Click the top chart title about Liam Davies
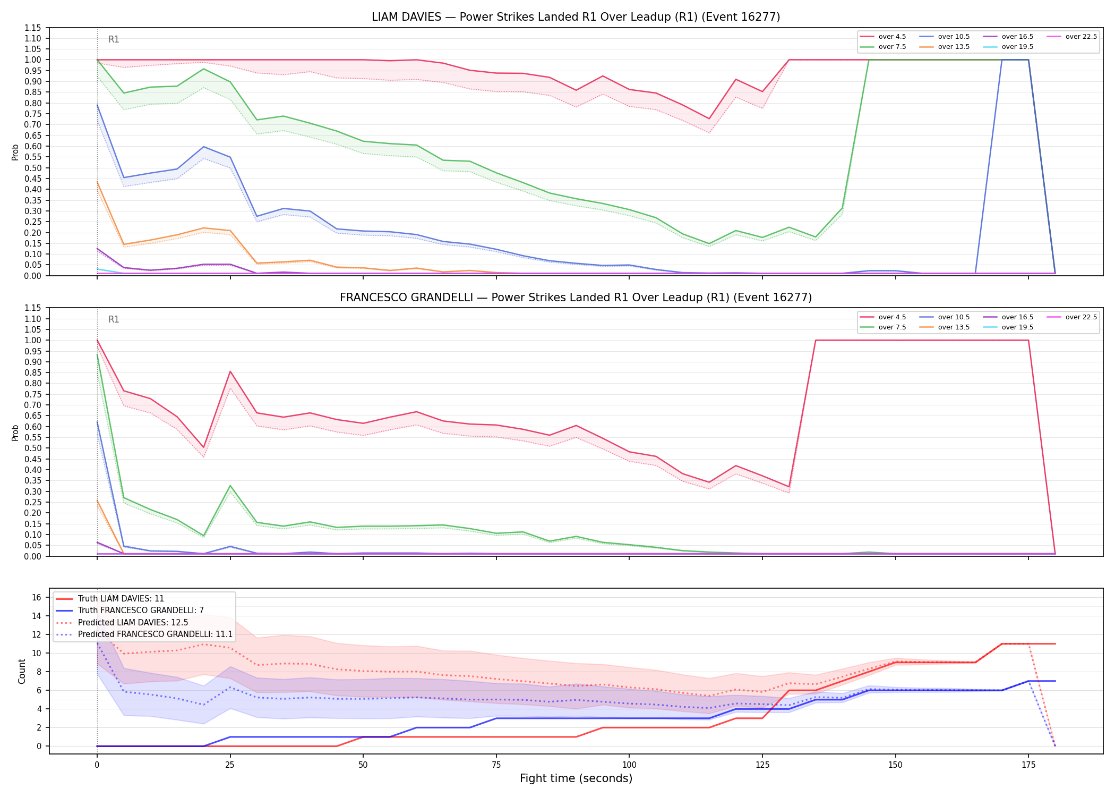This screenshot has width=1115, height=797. click(x=576, y=17)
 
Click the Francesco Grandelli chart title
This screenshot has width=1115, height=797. click(x=576, y=298)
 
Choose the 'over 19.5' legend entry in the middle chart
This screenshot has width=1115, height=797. click(x=1008, y=327)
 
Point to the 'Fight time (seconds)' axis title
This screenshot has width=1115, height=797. click(x=576, y=778)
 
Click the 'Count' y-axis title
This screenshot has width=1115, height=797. click(x=22, y=671)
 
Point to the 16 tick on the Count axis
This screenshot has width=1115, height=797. click(x=37, y=597)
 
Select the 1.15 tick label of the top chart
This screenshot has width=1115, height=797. click(x=32, y=28)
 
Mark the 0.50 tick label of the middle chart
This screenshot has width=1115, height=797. click(x=32, y=448)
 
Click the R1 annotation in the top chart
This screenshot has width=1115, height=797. click(x=114, y=39)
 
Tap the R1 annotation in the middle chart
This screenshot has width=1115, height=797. click(x=114, y=319)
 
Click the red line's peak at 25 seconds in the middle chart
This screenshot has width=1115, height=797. click(x=230, y=371)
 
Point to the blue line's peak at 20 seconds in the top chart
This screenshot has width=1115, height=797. click(x=203, y=147)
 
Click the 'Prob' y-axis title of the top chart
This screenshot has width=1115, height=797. click(x=15, y=152)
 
